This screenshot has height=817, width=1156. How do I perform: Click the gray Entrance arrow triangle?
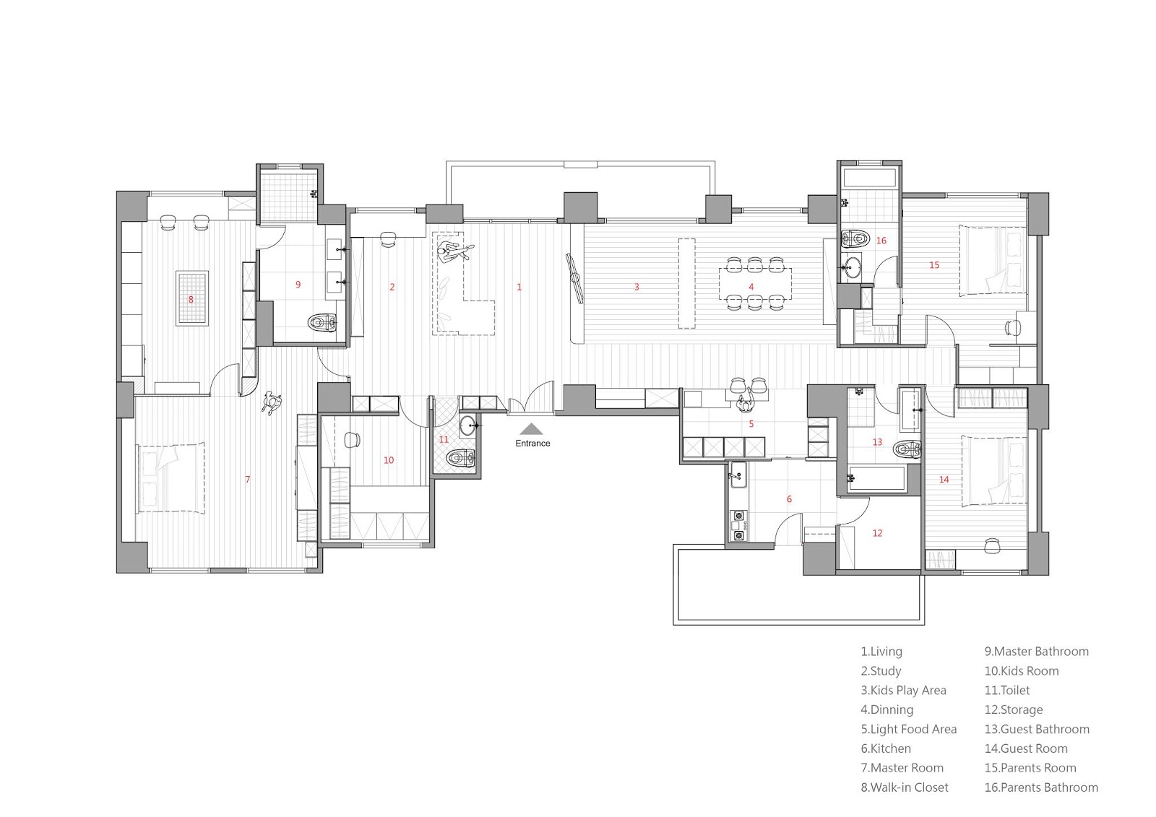coord(531,429)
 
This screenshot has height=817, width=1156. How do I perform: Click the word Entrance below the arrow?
coord(532,444)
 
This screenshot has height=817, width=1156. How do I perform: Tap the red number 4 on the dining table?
coord(751,287)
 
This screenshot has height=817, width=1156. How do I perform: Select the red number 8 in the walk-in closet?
coord(191,299)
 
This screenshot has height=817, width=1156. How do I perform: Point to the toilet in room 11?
coord(460,457)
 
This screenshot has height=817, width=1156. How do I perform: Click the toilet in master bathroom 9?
coord(322,324)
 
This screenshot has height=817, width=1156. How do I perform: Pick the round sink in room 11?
coord(468,425)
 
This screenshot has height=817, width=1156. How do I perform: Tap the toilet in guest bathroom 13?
coord(907,449)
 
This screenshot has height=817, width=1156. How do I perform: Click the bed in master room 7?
coord(171,477)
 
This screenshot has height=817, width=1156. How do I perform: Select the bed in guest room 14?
coord(994,471)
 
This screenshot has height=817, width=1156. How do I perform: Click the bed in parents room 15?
coord(993,261)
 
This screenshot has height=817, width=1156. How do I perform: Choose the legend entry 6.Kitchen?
coord(886,748)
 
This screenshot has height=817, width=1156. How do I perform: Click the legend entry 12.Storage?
coord(1014,709)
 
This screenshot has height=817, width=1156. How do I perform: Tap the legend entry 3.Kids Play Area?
coord(903,691)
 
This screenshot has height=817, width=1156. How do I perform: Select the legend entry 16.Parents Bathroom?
coord(1041,787)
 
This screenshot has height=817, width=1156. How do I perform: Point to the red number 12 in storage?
coord(877,533)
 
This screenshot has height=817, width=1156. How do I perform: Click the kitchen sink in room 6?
coord(738,475)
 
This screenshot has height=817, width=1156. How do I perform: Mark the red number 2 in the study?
coord(392,287)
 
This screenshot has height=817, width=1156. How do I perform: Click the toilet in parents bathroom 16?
coord(855,238)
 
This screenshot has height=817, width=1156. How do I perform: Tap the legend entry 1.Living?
coord(881,652)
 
